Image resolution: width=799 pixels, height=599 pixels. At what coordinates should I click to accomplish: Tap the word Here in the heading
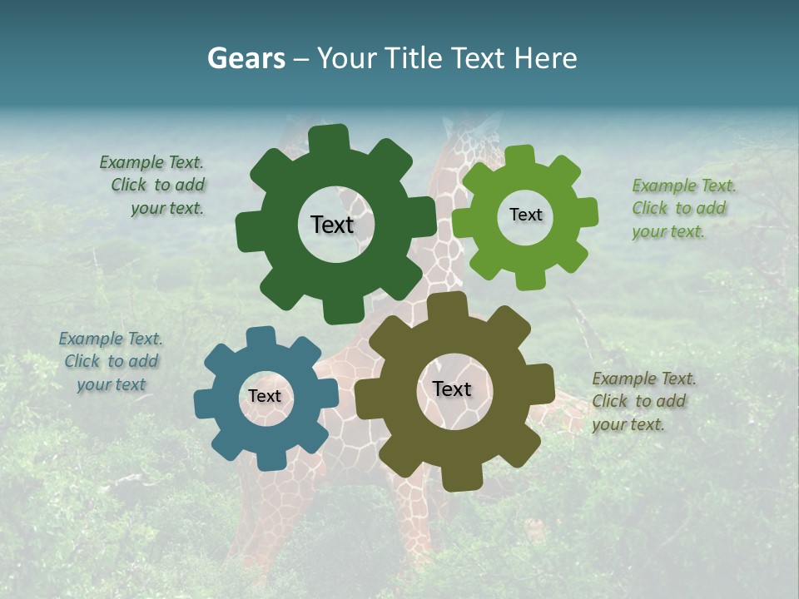click(x=546, y=58)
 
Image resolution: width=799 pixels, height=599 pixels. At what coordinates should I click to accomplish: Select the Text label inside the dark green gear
click(x=332, y=225)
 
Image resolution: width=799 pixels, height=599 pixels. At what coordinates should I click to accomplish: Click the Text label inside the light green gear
click(x=525, y=215)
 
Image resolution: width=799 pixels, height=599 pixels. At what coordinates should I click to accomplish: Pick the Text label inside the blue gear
click(x=265, y=396)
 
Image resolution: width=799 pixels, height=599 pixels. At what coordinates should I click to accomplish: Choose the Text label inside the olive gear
click(x=452, y=389)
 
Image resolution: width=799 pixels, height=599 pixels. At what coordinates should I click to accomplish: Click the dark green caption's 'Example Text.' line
click(x=151, y=162)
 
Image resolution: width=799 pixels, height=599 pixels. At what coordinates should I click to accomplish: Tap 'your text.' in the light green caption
click(x=667, y=232)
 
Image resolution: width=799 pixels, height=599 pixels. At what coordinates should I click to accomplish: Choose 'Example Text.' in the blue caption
click(x=111, y=339)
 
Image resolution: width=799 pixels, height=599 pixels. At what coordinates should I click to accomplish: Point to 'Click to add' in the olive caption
click(x=639, y=401)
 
